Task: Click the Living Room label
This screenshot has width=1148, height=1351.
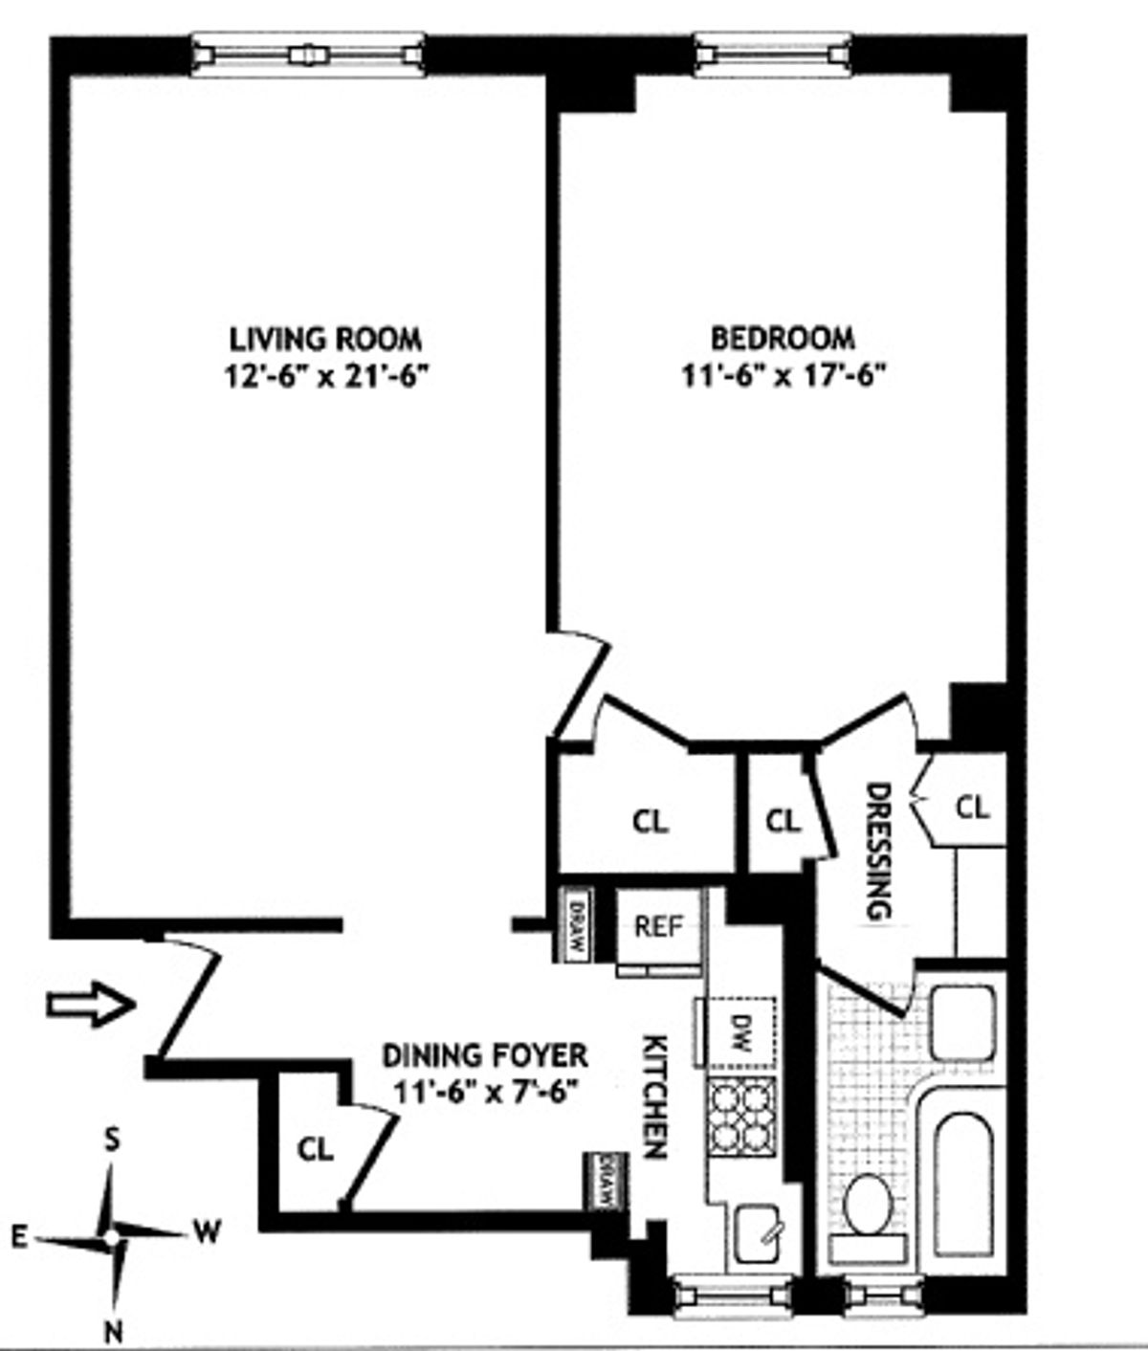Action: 325,339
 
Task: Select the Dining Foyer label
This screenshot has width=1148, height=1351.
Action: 485,1055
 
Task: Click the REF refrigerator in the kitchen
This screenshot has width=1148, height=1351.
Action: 659,926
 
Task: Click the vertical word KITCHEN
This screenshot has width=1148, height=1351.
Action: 654,1096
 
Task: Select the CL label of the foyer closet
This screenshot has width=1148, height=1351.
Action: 316,1149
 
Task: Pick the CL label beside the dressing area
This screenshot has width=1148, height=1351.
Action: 973,808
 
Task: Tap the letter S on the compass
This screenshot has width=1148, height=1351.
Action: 112,1140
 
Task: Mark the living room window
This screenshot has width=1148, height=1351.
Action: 307,55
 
